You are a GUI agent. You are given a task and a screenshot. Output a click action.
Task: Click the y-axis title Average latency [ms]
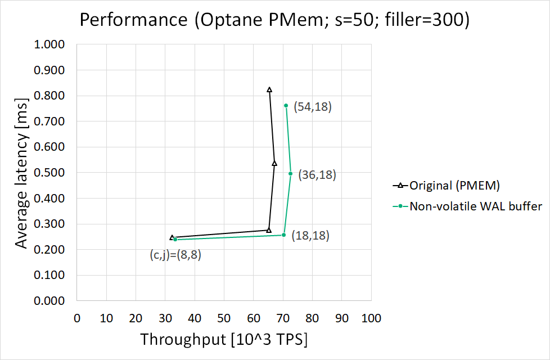[x=21, y=172]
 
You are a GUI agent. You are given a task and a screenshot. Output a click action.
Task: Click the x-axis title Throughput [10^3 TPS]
[x=224, y=340]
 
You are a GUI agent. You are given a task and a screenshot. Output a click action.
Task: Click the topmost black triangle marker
[x=269, y=90]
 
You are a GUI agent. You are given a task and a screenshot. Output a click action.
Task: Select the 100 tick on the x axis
[x=371, y=318]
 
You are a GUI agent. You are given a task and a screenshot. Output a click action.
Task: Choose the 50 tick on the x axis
[x=224, y=318]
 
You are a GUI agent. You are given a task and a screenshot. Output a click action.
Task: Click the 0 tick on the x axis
[x=77, y=318]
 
